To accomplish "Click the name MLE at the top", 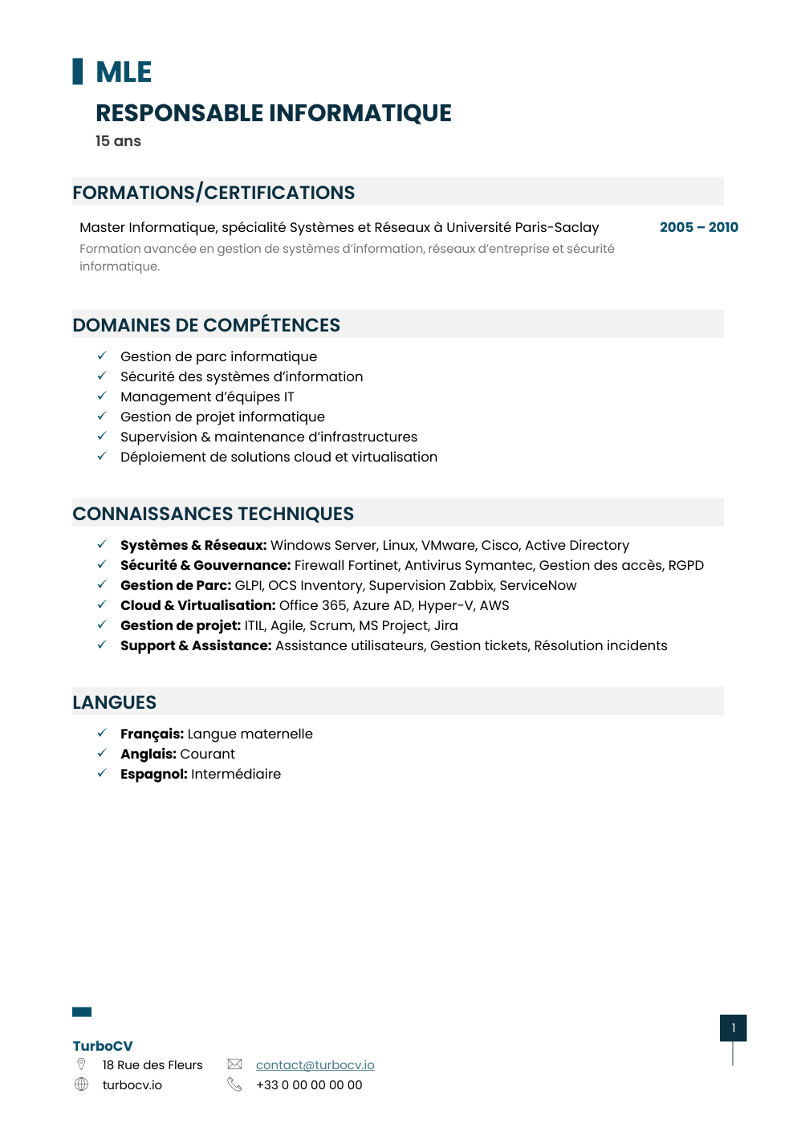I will (124, 72).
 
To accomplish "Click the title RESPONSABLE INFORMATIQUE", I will (273, 113).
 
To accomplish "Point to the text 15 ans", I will (118, 141).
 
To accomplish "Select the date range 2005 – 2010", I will (698, 227).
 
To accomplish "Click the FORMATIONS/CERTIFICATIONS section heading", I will (213, 193).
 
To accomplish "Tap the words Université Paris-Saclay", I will (523, 227).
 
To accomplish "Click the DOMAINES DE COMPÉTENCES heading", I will (206, 325).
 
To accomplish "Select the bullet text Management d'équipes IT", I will (207, 397).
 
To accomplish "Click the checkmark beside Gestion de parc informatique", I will (102, 356).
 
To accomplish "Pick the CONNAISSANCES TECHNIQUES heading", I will (213, 514).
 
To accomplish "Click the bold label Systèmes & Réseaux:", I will (193, 545).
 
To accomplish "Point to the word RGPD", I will (685, 565).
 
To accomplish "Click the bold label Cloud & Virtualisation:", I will (197, 605).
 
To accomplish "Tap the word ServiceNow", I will (538, 585).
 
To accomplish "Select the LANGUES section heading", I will (114, 702).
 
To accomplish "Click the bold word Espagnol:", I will (153, 774).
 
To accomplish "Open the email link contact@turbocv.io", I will (315, 1064).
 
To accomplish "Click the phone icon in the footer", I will (234, 1084).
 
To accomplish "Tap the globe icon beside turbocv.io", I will (81, 1084).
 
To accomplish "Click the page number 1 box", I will (733, 1027).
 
